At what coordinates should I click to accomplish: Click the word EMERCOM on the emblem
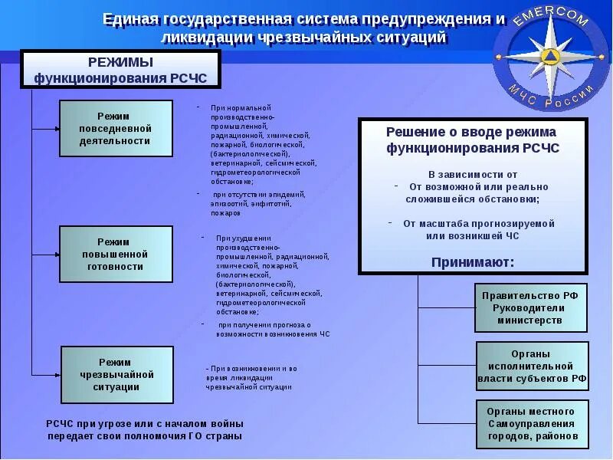[550, 17]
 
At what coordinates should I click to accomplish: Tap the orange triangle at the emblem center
[549, 56]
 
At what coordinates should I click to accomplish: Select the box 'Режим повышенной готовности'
[116, 254]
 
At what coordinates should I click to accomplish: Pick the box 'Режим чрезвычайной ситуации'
[117, 375]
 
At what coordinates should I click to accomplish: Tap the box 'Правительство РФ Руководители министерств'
[531, 307]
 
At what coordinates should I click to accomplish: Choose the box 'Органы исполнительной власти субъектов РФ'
[531, 366]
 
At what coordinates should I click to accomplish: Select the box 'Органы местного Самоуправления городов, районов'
[531, 424]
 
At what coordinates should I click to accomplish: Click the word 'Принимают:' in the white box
[473, 262]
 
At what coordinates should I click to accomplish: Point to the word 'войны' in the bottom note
[225, 423]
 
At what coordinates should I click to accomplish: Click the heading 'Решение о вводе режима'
[471, 132]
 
